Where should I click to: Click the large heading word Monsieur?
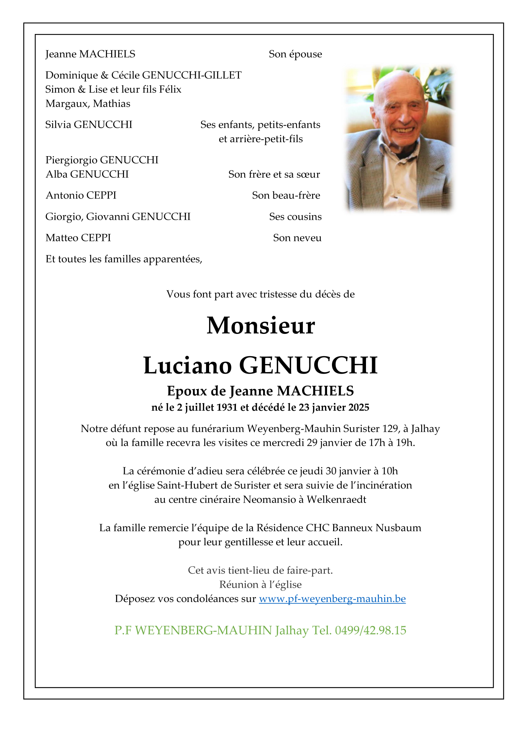260,326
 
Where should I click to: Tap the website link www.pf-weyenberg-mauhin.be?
332,599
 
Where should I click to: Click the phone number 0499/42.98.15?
371,630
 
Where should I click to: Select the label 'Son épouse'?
295,54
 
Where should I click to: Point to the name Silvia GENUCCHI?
89,124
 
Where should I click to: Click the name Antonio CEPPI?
81,195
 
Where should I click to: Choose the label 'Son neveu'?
297,238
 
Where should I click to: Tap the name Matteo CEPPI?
78,238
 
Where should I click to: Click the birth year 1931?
227,407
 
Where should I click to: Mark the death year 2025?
359,407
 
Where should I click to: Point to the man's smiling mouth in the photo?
403,130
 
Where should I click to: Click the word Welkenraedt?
336,500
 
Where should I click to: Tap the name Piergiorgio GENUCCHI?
102,160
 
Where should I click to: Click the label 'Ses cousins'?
295,217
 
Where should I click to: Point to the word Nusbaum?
398,528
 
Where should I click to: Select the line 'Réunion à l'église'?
260,585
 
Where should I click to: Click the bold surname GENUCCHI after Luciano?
308,366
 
